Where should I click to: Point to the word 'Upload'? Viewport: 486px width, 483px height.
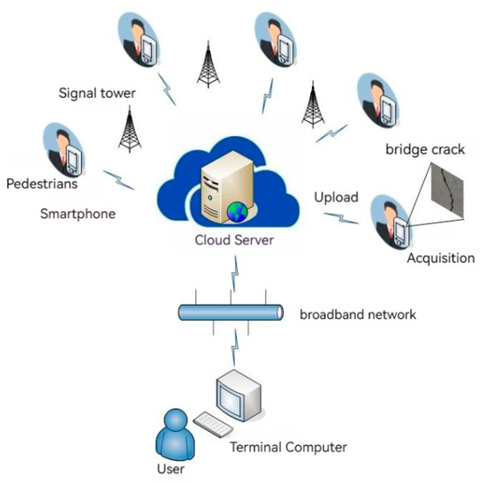[337, 197]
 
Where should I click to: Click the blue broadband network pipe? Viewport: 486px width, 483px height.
[231, 313]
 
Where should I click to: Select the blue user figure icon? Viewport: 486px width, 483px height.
[173, 433]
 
